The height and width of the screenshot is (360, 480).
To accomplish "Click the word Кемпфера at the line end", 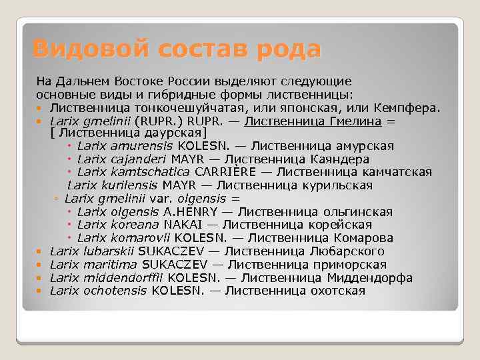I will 408,107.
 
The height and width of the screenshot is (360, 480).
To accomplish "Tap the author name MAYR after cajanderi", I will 189,159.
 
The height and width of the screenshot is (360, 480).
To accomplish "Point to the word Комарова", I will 365,238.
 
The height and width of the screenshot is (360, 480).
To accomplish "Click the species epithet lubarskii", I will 110,251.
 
